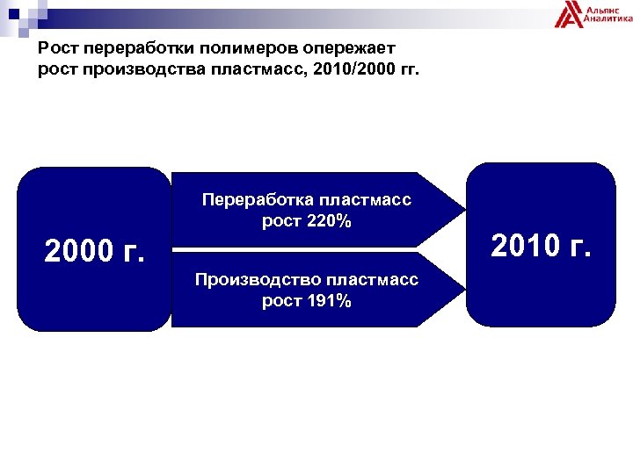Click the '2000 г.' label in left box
point(93,253)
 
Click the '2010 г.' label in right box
point(540,247)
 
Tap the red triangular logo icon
point(570,15)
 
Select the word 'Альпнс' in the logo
point(604,8)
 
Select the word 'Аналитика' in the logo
point(607,19)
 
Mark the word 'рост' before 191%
point(280,301)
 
